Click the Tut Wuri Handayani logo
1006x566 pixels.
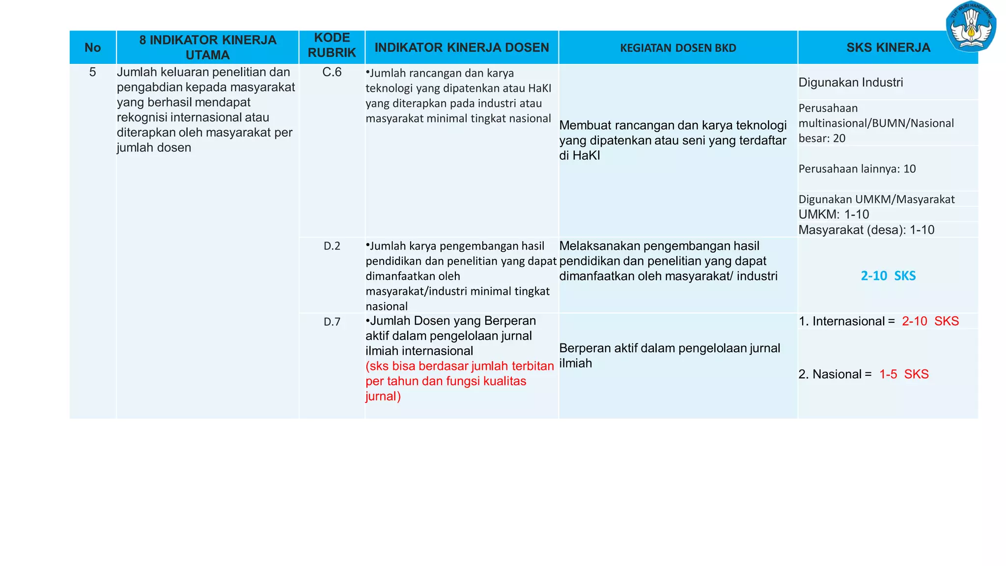click(x=971, y=27)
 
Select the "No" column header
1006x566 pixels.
click(x=92, y=48)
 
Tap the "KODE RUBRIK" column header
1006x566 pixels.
click(x=332, y=45)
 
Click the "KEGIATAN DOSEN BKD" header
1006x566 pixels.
click(x=678, y=48)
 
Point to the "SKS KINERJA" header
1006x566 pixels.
click(x=888, y=48)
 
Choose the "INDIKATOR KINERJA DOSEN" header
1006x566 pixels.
click(x=462, y=48)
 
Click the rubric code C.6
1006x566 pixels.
click(x=332, y=72)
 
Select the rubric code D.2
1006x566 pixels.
click(x=332, y=246)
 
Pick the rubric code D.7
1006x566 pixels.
click(x=332, y=322)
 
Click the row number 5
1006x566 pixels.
click(x=92, y=72)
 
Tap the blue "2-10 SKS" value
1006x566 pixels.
click(x=888, y=276)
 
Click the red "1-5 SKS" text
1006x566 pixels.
click(x=904, y=374)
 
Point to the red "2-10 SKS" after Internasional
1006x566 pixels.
click(x=930, y=321)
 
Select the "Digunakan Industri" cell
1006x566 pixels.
click(x=851, y=83)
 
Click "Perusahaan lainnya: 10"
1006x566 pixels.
click(x=857, y=169)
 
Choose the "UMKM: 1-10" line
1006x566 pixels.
click(x=834, y=215)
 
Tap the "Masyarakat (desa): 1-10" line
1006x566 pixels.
click(x=866, y=230)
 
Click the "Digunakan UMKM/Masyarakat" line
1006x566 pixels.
click(x=876, y=199)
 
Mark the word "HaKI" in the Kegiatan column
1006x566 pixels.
click(x=587, y=156)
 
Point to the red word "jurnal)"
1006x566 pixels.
click(x=383, y=396)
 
